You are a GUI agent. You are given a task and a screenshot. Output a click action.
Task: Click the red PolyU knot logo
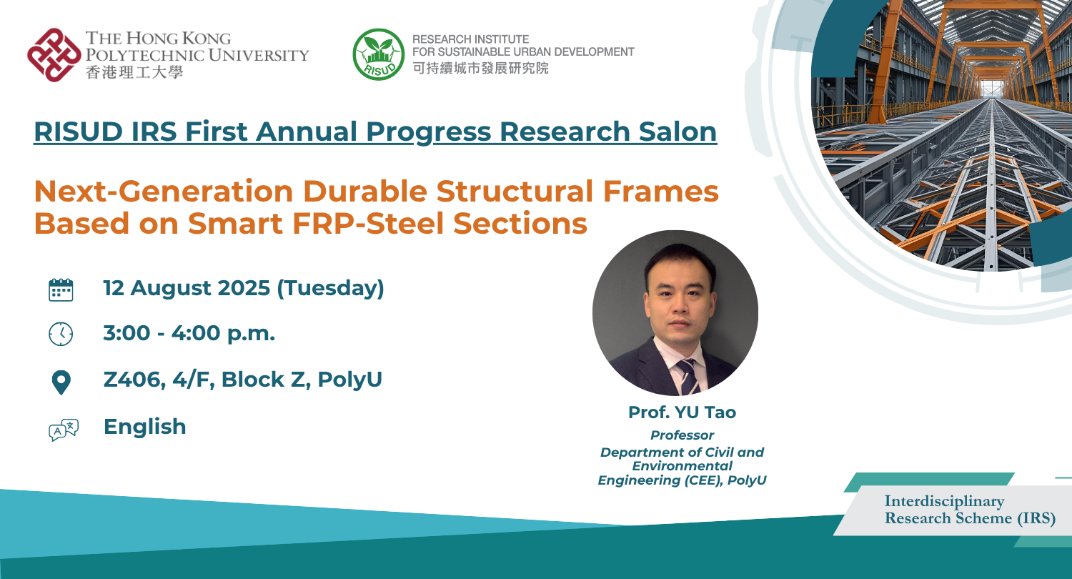(x=54, y=54)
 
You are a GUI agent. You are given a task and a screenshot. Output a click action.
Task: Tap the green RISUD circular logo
(x=379, y=54)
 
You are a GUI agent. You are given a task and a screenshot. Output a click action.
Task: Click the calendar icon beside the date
(x=61, y=289)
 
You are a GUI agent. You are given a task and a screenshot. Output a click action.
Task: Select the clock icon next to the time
(x=61, y=334)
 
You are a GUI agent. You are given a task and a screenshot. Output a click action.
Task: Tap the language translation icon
(x=62, y=429)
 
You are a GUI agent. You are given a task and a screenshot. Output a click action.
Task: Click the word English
(x=144, y=427)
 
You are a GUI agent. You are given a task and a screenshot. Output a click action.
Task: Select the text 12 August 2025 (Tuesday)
(x=244, y=289)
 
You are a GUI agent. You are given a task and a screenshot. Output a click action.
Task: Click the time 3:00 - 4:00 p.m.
(x=189, y=334)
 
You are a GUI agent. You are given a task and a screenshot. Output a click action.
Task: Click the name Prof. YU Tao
(x=682, y=412)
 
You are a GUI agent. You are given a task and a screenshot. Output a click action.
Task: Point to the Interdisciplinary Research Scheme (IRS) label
(x=969, y=510)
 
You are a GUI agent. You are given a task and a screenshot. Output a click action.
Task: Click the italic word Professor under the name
(x=682, y=435)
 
